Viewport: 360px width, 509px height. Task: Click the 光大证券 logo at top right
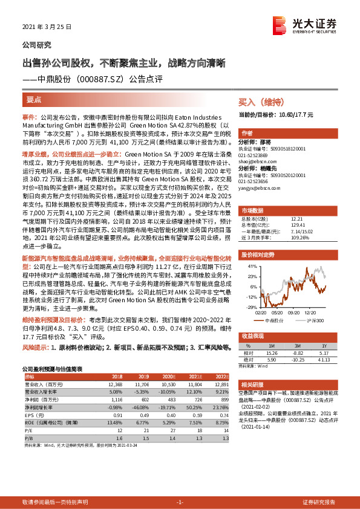point(305,25)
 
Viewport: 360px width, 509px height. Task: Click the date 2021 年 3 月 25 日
point(47,27)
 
